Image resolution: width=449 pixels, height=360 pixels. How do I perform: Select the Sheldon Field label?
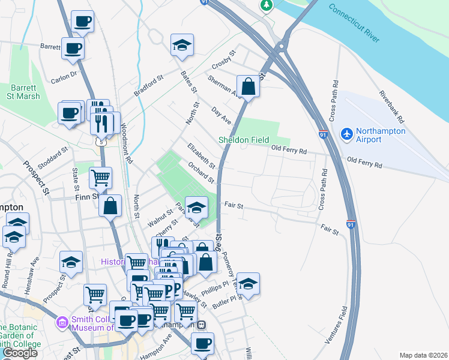pyautogui.click(x=243, y=140)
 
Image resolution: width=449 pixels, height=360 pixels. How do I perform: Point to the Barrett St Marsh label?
pyautogui.click(x=24, y=92)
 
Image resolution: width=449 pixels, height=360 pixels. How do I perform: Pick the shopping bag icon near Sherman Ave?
pyautogui.click(x=248, y=86)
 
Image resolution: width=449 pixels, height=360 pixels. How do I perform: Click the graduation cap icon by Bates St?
pyautogui.click(x=181, y=46)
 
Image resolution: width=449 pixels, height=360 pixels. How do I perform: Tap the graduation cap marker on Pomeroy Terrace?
pyautogui.click(x=247, y=283)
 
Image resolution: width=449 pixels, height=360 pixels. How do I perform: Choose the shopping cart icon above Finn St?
pyautogui.click(x=100, y=177)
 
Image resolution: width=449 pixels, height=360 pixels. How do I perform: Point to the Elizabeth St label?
pyautogui.click(x=200, y=155)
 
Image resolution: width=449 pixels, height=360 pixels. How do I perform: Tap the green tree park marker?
pyautogui.click(x=266, y=5)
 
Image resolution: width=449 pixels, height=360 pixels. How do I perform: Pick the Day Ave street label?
pyautogui.click(x=221, y=116)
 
